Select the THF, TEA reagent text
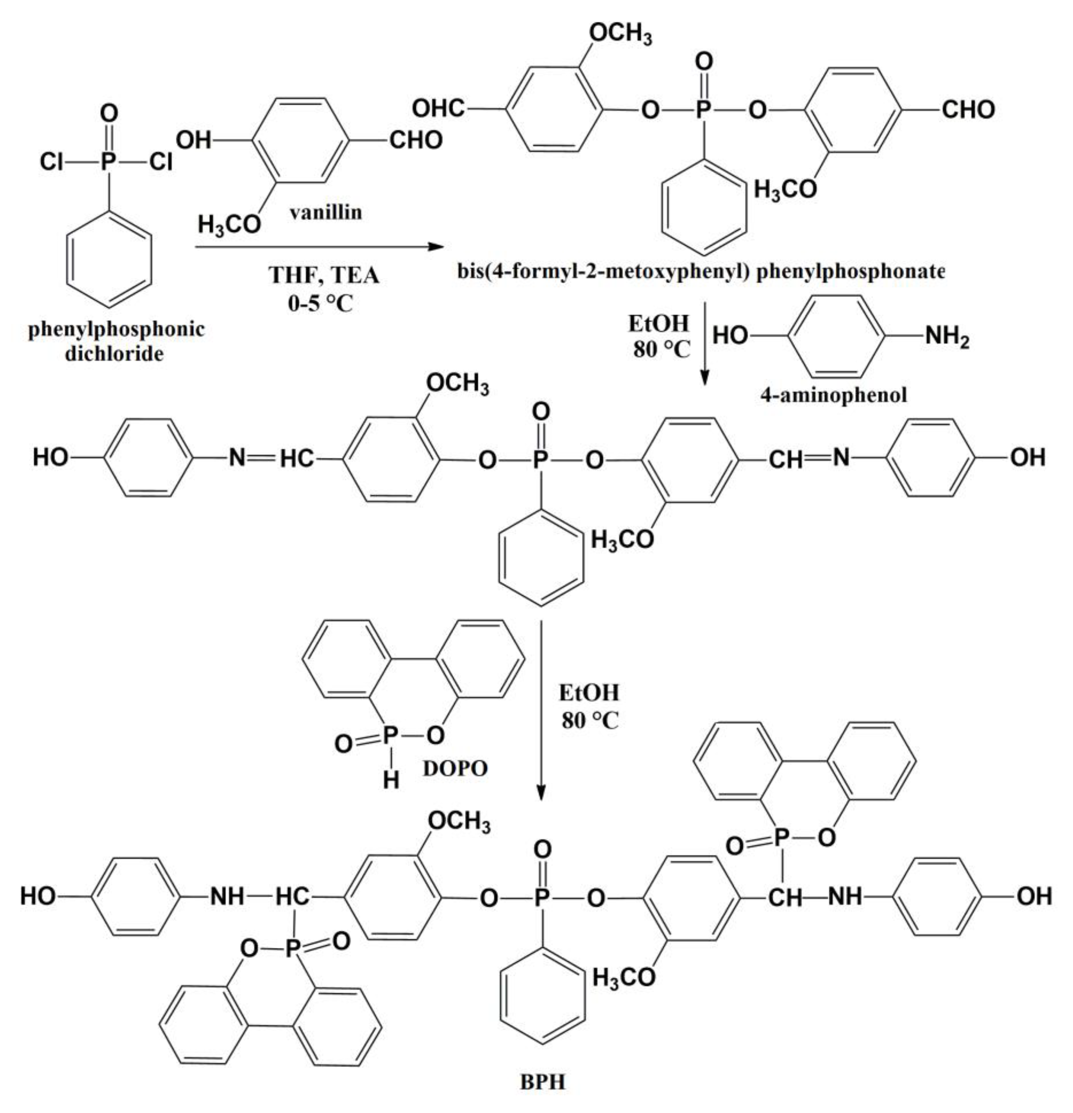[324, 275]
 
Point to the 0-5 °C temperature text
[320, 303]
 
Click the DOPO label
[455, 768]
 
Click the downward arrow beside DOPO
[541, 710]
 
